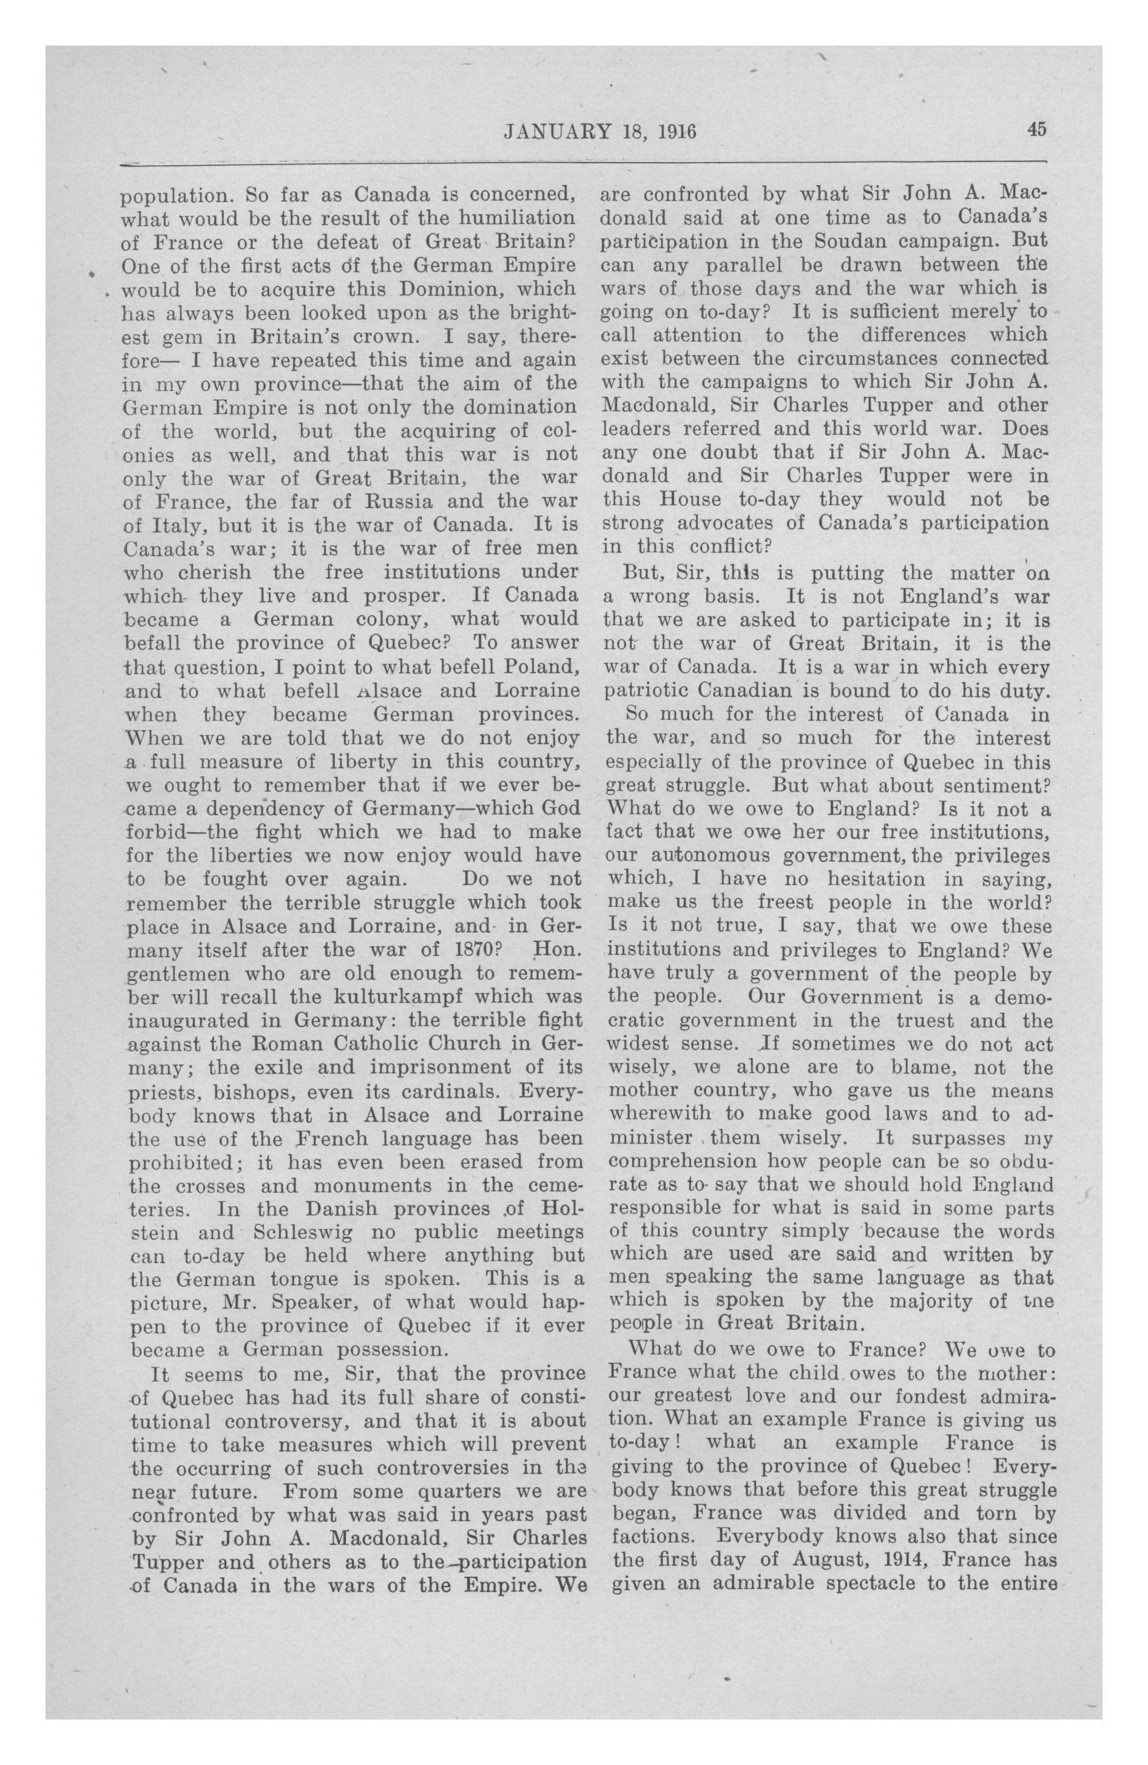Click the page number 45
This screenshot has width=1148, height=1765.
click(1036, 129)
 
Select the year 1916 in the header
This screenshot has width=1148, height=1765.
click(674, 131)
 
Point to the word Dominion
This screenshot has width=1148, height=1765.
click(450, 288)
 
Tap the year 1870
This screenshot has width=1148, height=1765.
click(466, 949)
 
